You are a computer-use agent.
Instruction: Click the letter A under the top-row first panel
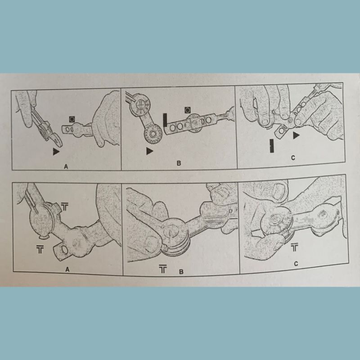pyautogui.click(x=66, y=166)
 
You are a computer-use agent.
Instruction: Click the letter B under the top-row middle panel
pyautogui.click(x=179, y=163)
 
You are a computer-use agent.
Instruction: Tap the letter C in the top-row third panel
pyautogui.click(x=293, y=158)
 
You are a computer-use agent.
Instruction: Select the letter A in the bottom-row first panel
pyautogui.click(x=67, y=269)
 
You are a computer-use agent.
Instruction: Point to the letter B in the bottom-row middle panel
pyautogui.click(x=181, y=272)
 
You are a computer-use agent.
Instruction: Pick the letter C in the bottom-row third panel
pyautogui.click(x=296, y=264)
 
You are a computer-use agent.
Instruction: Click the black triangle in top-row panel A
pyautogui.click(x=56, y=152)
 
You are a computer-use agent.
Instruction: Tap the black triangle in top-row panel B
pyautogui.click(x=150, y=151)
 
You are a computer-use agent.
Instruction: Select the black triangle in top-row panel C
pyautogui.click(x=296, y=135)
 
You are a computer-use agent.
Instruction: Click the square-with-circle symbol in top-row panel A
pyautogui.click(x=72, y=119)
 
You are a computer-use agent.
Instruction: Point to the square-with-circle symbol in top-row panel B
pyautogui.click(x=188, y=110)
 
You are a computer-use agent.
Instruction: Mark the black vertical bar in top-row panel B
pyautogui.click(x=165, y=120)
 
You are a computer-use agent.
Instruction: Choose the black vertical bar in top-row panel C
pyautogui.click(x=272, y=145)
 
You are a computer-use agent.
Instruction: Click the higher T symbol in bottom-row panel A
pyautogui.click(x=64, y=207)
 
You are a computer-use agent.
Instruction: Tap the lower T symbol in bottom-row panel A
pyautogui.click(x=40, y=249)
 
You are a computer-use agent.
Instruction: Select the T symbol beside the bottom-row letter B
pyautogui.click(x=163, y=269)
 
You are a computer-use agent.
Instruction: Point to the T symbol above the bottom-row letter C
pyautogui.click(x=294, y=247)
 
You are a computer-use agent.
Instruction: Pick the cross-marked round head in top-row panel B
pyautogui.click(x=140, y=105)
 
